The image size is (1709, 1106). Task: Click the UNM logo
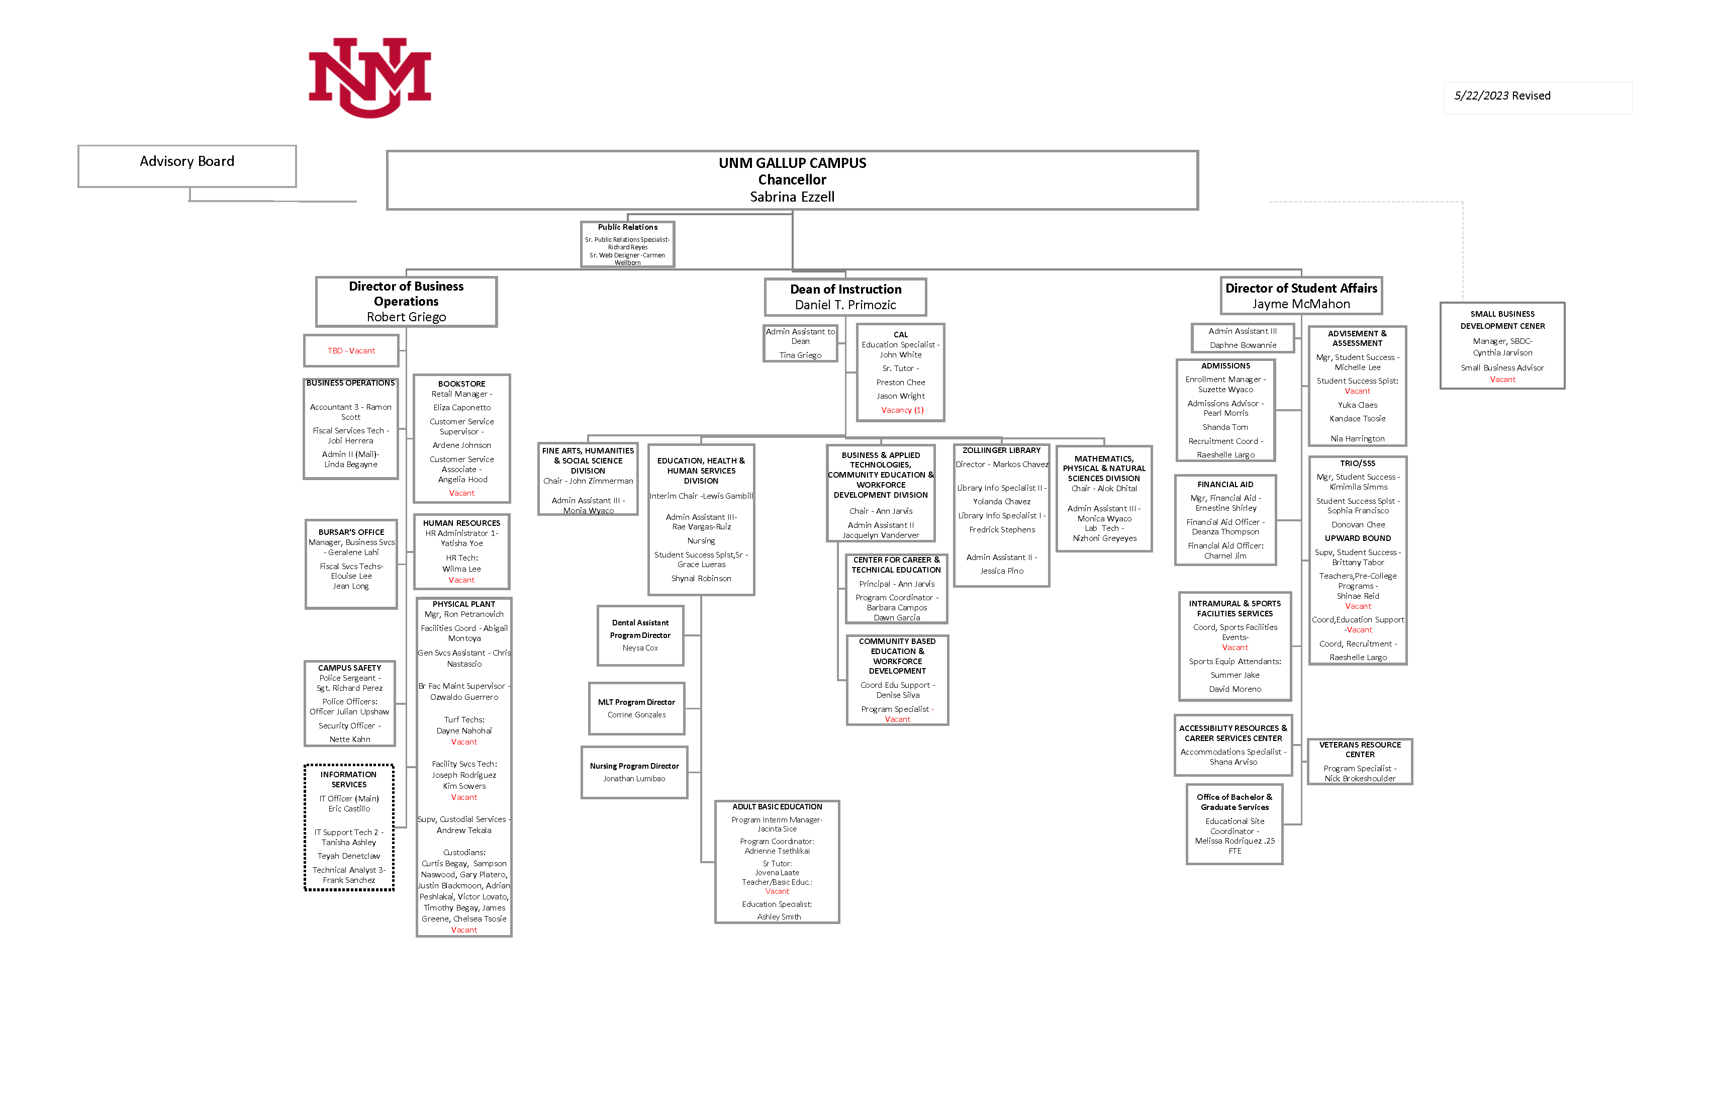(x=370, y=77)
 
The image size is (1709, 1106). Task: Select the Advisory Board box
(x=186, y=166)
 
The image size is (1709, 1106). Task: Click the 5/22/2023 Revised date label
(x=1502, y=96)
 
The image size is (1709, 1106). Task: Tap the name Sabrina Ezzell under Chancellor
(x=792, y=197)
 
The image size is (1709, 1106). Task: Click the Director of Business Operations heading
(x=407, y=294)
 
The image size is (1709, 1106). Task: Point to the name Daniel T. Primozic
(x=845, y=305)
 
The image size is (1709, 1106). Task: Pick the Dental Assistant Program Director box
(x=640, y=635)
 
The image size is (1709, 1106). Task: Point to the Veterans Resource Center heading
(x=1359, y=750)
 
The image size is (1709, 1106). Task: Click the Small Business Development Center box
(x=1502, y=345)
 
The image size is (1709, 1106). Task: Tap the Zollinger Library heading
(x=1001, y=451)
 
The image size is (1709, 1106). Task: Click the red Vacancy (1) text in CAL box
(x=902, y=411)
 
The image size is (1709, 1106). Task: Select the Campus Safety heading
(x=350, y=669)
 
